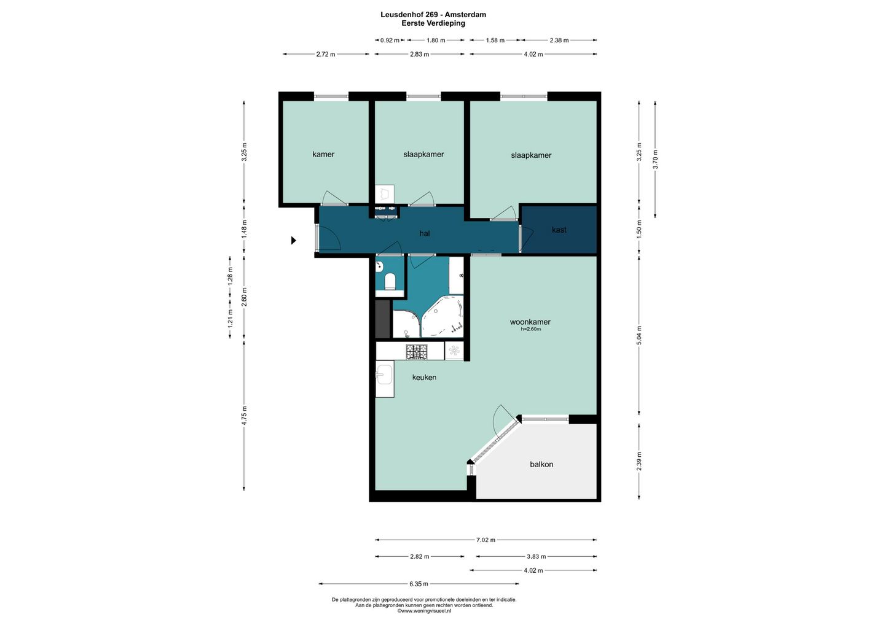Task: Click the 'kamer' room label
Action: point(323,154)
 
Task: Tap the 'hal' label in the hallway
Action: point(425,233)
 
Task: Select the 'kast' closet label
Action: point(559,230)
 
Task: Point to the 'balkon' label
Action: point(541,464)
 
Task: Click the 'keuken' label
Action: point(424,377)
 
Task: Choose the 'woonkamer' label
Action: point(530,322)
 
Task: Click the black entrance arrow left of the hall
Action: point(294,240)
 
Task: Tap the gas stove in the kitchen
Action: point(417,352)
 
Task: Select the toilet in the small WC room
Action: point(390,281)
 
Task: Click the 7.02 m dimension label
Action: point(486,540)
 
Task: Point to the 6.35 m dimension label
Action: point(419,584)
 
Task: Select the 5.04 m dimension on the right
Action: point(639,335)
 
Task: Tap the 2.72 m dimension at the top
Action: point(326,55)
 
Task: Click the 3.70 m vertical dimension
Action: point(655,160)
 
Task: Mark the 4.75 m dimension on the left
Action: point(244,416)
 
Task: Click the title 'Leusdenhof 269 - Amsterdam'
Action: point(433,15)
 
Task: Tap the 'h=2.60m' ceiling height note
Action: point(530,329)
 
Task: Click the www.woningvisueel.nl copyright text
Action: point(424,611)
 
